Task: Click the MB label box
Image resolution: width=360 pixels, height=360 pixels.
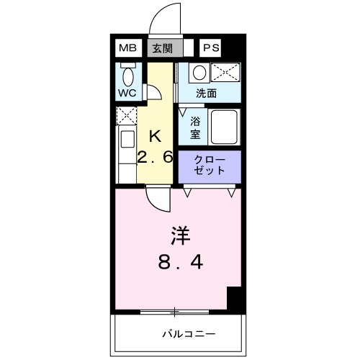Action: point(127,48)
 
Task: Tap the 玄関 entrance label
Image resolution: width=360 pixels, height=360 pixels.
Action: point(162,48)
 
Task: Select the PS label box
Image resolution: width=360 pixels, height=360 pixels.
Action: point(210,48)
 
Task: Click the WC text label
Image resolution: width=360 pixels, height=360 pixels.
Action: point(127,94)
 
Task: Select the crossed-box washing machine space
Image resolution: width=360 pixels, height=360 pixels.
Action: point(225,73)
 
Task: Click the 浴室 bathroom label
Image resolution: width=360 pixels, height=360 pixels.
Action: point(195,127)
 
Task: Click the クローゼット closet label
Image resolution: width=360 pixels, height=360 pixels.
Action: point(210,166)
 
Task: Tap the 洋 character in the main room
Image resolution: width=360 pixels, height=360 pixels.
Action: point(180,235)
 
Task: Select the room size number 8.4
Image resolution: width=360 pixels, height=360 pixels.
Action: point(180,263)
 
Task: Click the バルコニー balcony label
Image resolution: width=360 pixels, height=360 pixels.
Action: point(189,334)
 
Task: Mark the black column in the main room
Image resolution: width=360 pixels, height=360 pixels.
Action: point(233,297)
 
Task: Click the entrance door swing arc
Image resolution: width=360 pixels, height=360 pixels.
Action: point(164,18)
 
